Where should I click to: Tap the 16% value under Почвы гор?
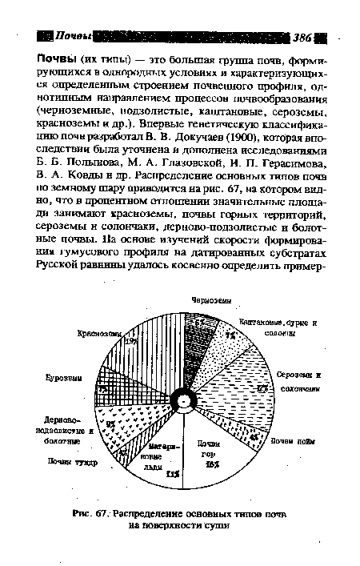pos(211,464)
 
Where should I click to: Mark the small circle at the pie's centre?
pos(185,400)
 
